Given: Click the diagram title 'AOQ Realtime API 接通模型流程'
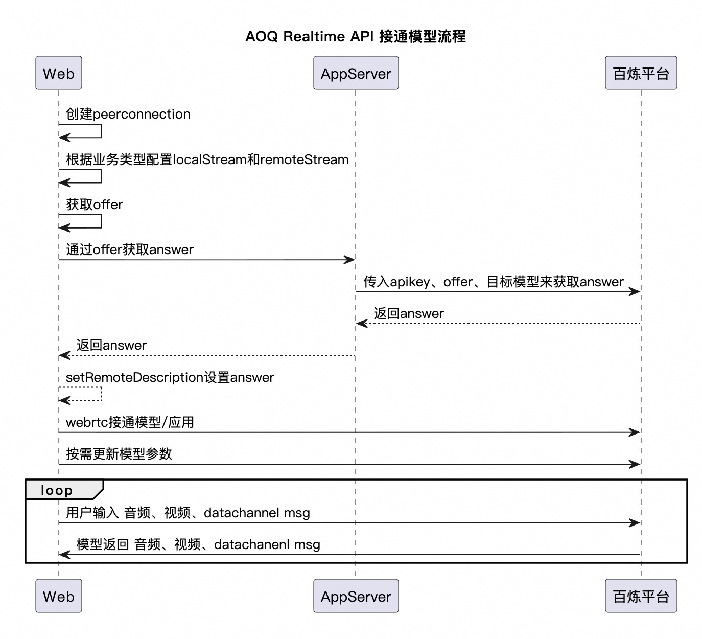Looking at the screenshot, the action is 355,36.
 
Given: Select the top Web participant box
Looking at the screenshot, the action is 59,73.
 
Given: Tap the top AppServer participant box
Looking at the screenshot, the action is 356,73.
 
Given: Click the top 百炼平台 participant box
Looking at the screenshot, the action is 641,73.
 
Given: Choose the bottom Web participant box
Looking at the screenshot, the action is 59,596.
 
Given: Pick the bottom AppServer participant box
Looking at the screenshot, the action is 356,596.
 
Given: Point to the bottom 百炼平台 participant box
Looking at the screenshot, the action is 641,596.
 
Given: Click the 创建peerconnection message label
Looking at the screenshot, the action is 128,114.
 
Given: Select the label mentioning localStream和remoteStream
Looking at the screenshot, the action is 207,159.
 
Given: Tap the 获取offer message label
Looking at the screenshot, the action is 95,204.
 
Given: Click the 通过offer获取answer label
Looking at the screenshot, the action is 130,249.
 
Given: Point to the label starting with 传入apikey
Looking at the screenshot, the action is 494,282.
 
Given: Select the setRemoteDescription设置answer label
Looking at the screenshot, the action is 170,377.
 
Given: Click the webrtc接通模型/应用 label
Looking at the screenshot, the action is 130,422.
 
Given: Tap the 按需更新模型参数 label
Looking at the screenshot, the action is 119,454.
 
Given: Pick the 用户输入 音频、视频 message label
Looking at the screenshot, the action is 188,513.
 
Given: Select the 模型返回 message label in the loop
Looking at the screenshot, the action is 198,545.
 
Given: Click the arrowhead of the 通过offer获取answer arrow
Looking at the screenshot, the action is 350,260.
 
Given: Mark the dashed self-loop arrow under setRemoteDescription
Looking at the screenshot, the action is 102,394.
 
